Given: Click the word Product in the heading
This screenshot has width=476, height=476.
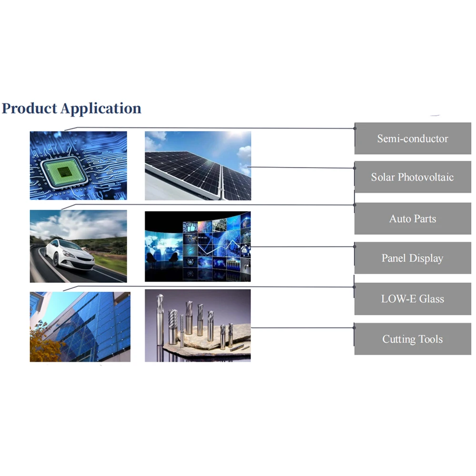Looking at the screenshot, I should (29, 109).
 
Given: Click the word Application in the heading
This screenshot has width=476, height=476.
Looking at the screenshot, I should (101, 109).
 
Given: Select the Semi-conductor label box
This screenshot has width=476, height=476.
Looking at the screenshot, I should (413, 139).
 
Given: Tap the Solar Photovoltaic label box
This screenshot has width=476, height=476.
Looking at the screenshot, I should (413, 177).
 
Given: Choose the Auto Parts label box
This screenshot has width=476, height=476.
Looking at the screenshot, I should (413, 219).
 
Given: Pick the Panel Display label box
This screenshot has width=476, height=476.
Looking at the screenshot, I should (413, 258).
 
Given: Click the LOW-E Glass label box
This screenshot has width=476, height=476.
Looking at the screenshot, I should (413, 299).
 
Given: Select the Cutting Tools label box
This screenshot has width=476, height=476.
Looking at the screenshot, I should (413, 339).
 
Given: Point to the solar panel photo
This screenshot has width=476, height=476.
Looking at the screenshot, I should (198, 166).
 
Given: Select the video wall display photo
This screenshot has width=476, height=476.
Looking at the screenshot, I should (198, 247).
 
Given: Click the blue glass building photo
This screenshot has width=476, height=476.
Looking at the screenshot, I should (80, 327).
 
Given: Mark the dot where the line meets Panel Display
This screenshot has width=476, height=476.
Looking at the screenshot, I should (355, 247).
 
